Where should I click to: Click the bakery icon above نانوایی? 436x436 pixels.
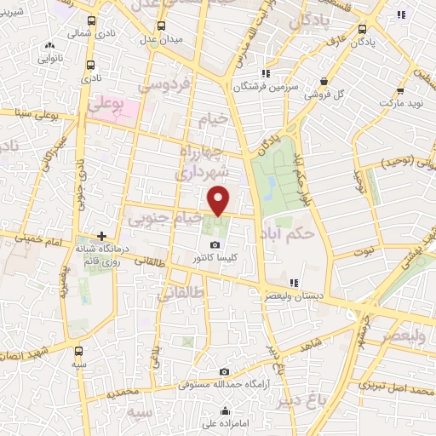tap(49, 47)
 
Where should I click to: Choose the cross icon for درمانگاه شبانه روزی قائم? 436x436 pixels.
tap(101, 235)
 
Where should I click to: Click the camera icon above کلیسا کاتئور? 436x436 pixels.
tap(214, 245)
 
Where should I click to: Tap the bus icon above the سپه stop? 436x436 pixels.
tap(78, 350)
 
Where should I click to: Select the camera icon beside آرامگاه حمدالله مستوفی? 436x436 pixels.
tap(224, 372)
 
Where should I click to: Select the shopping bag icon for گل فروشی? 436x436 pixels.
tap(324, 82)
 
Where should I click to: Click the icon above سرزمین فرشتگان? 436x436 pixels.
tap(266, 73)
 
